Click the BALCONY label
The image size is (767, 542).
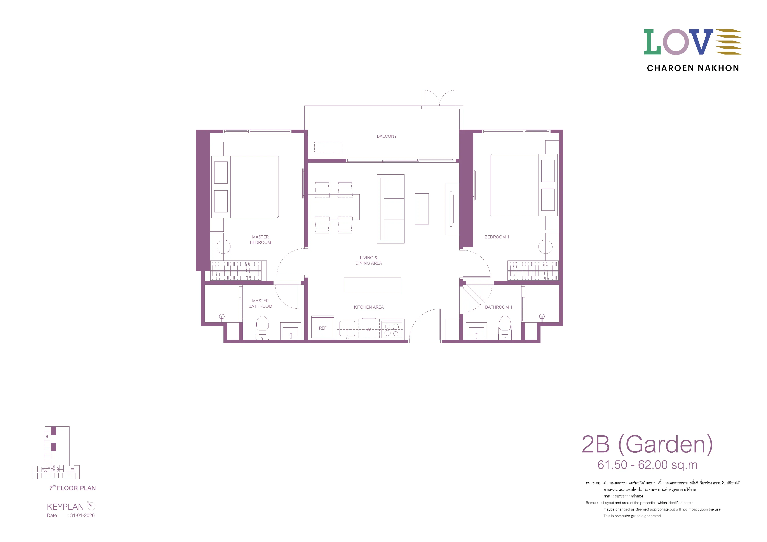pos(387,136)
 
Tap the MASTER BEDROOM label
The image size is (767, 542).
pos(260,240)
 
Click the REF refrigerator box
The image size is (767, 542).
pos(322,327)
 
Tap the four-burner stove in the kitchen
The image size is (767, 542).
pos(392,329)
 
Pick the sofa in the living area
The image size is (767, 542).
pos(390,209)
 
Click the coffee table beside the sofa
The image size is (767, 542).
pos(422,209)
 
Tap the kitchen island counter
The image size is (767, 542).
pos(372,285)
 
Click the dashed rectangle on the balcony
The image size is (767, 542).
pos(328,147)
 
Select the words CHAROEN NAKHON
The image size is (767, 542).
pos(693,68)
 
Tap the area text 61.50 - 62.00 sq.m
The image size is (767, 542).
pos(647,465)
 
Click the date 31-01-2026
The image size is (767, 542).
pos(82,515)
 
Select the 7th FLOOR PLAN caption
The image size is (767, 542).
pos(73,488)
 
